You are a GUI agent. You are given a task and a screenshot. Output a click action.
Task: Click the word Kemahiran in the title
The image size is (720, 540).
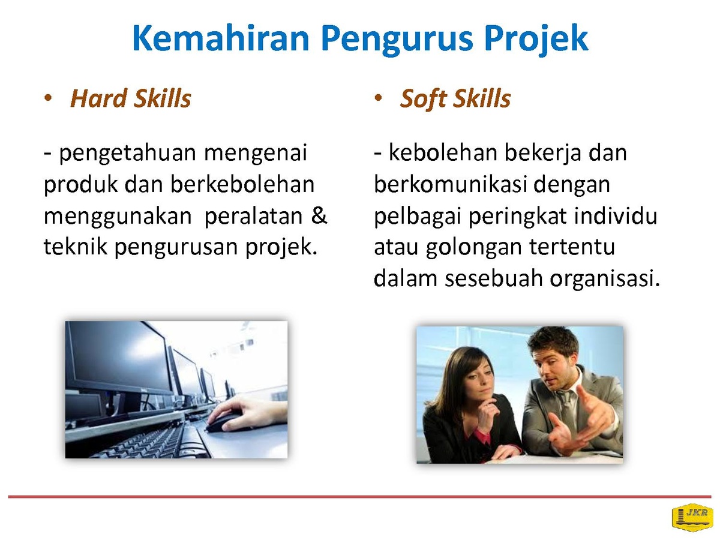221,38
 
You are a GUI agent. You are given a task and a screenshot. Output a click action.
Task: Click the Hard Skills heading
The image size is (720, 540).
131,98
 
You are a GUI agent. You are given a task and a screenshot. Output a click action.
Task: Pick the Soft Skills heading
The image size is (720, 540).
455,99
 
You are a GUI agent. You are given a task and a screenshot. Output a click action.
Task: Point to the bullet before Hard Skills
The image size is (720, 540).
48,98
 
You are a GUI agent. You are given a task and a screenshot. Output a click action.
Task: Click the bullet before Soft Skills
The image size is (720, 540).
378,98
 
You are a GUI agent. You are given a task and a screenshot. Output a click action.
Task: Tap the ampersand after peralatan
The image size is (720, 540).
319,215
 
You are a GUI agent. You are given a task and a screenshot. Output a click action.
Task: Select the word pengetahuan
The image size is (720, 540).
128,154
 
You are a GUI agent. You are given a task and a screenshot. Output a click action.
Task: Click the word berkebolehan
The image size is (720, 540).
242,184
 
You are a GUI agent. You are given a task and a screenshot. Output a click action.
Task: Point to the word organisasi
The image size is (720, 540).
605,279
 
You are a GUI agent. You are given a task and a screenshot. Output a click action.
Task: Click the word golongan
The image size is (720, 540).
473,248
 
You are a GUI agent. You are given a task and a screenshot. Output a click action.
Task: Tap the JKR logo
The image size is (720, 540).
692,517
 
